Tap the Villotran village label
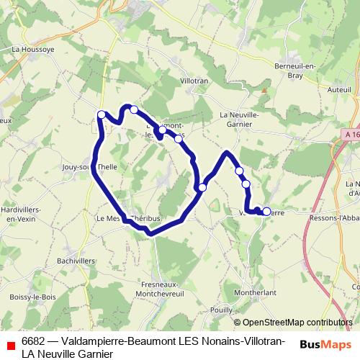point(194,81)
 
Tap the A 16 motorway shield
point(351,134)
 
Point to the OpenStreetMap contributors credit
point(298,322)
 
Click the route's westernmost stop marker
point(102,114)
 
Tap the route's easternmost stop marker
point(267,212)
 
